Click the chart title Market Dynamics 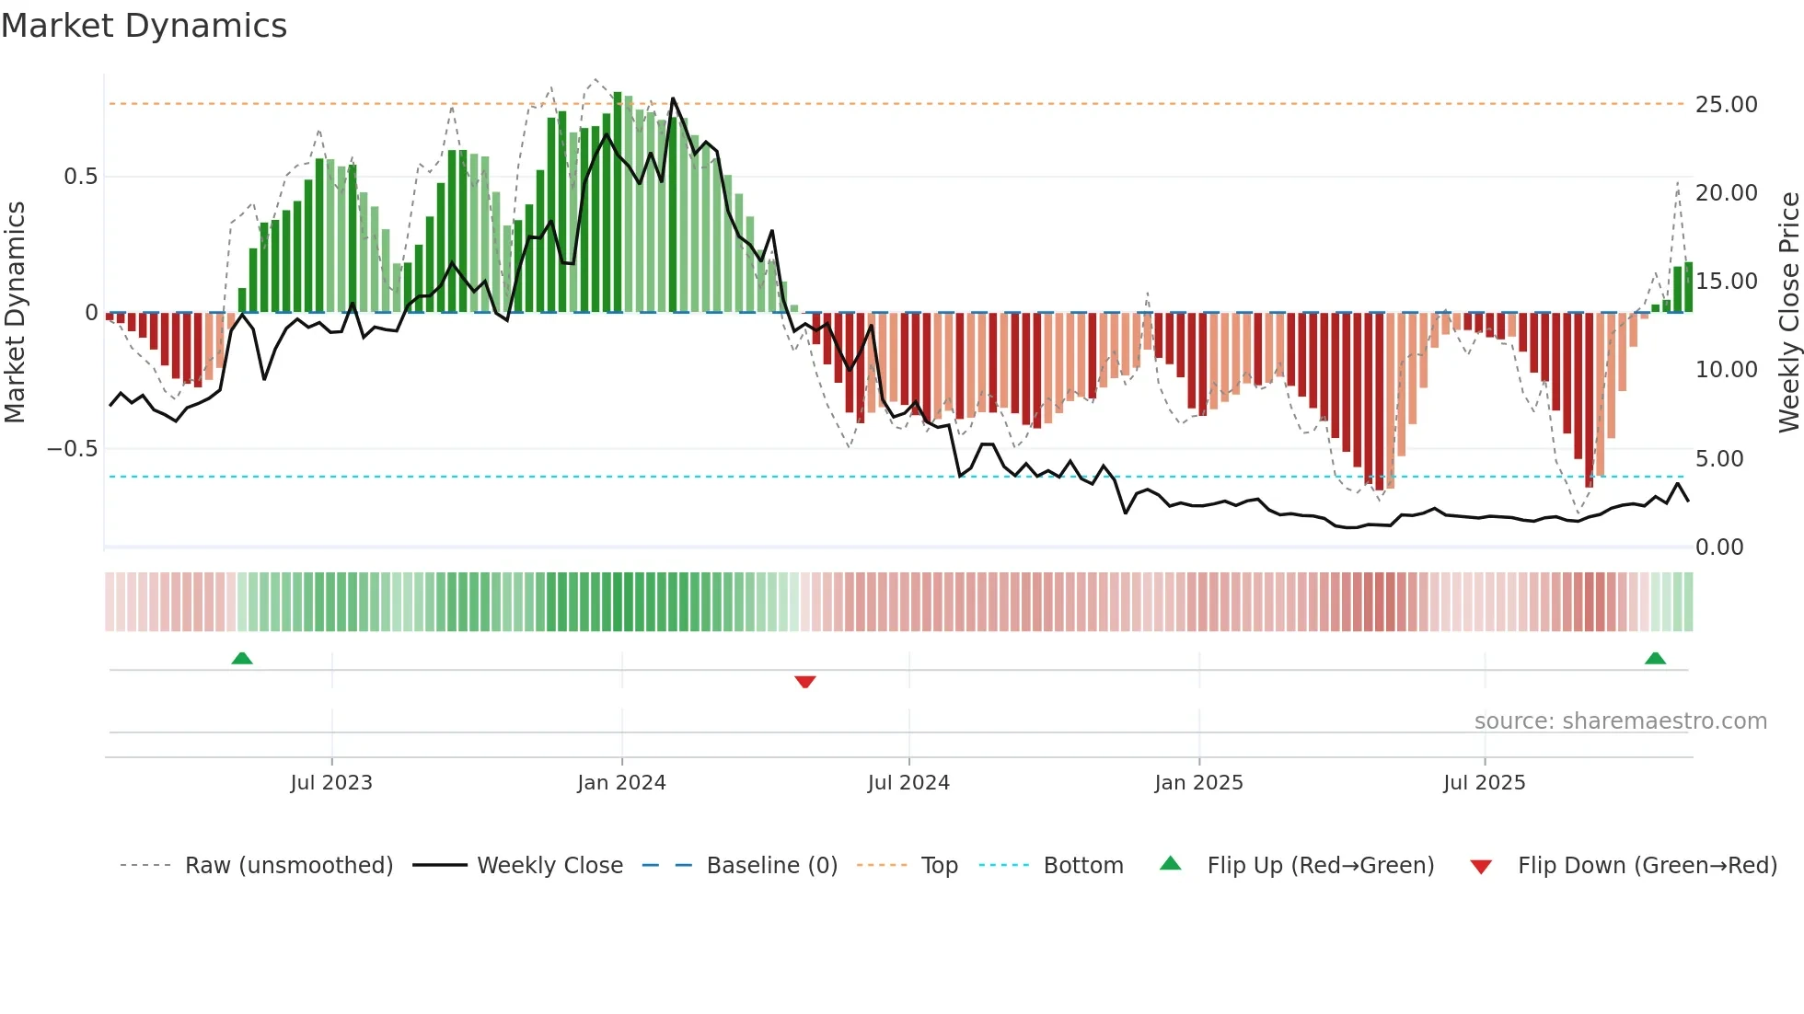[145, 26]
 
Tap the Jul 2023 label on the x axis [331, 783]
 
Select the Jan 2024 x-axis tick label [621, 783]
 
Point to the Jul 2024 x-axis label [908, 783]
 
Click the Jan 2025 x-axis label [1198, 783]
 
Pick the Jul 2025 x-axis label [1484, 783]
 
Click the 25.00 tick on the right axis [1726, 105]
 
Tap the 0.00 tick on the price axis [1719, 547]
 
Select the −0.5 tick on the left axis [72, 449]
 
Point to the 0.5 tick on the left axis [80, 177]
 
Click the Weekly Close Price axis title [1788, 312]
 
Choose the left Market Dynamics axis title [16, 312]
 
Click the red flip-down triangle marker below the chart [805, 682]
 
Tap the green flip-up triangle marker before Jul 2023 [242, 658]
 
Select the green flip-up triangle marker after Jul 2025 [1655, 658]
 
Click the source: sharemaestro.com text [1620, 721]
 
